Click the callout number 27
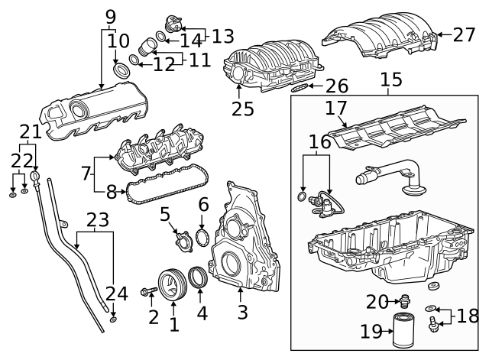point(464,34)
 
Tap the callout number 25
point(242,109)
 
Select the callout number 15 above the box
point(390,79)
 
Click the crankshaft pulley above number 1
point(173,284)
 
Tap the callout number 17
point(337,109)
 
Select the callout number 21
point(29,131)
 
